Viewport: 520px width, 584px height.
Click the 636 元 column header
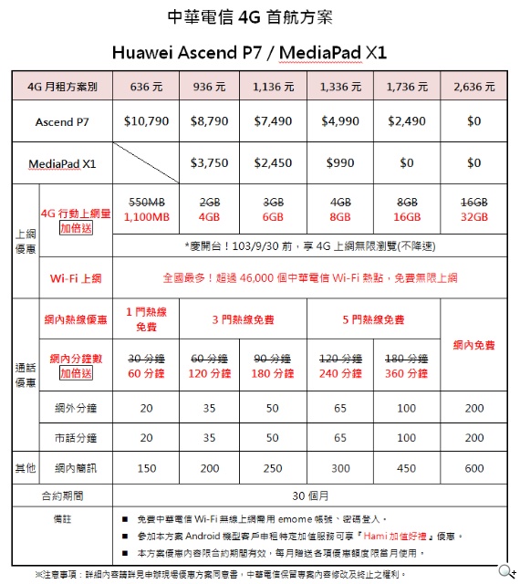(x=147, y=88)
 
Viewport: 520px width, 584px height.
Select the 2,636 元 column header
(x=473, y=88)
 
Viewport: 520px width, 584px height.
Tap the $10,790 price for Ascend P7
(x=147, y=121)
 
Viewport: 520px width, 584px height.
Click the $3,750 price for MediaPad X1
(x=209, y=163)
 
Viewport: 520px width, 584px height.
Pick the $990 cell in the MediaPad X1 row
(x=339, y=163)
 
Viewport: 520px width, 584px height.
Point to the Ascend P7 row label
(x=62, y=121)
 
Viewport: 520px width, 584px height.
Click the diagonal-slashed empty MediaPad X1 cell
(x=147, y=163)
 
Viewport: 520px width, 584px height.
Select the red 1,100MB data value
(x=147, y=218)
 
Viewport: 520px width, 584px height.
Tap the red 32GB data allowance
(x=473, y=218)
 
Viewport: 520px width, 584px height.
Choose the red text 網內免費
(x=473, y=345)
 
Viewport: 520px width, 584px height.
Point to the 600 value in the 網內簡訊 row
(x=473, y=468)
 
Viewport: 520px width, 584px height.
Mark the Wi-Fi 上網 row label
(x=75, y=277)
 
